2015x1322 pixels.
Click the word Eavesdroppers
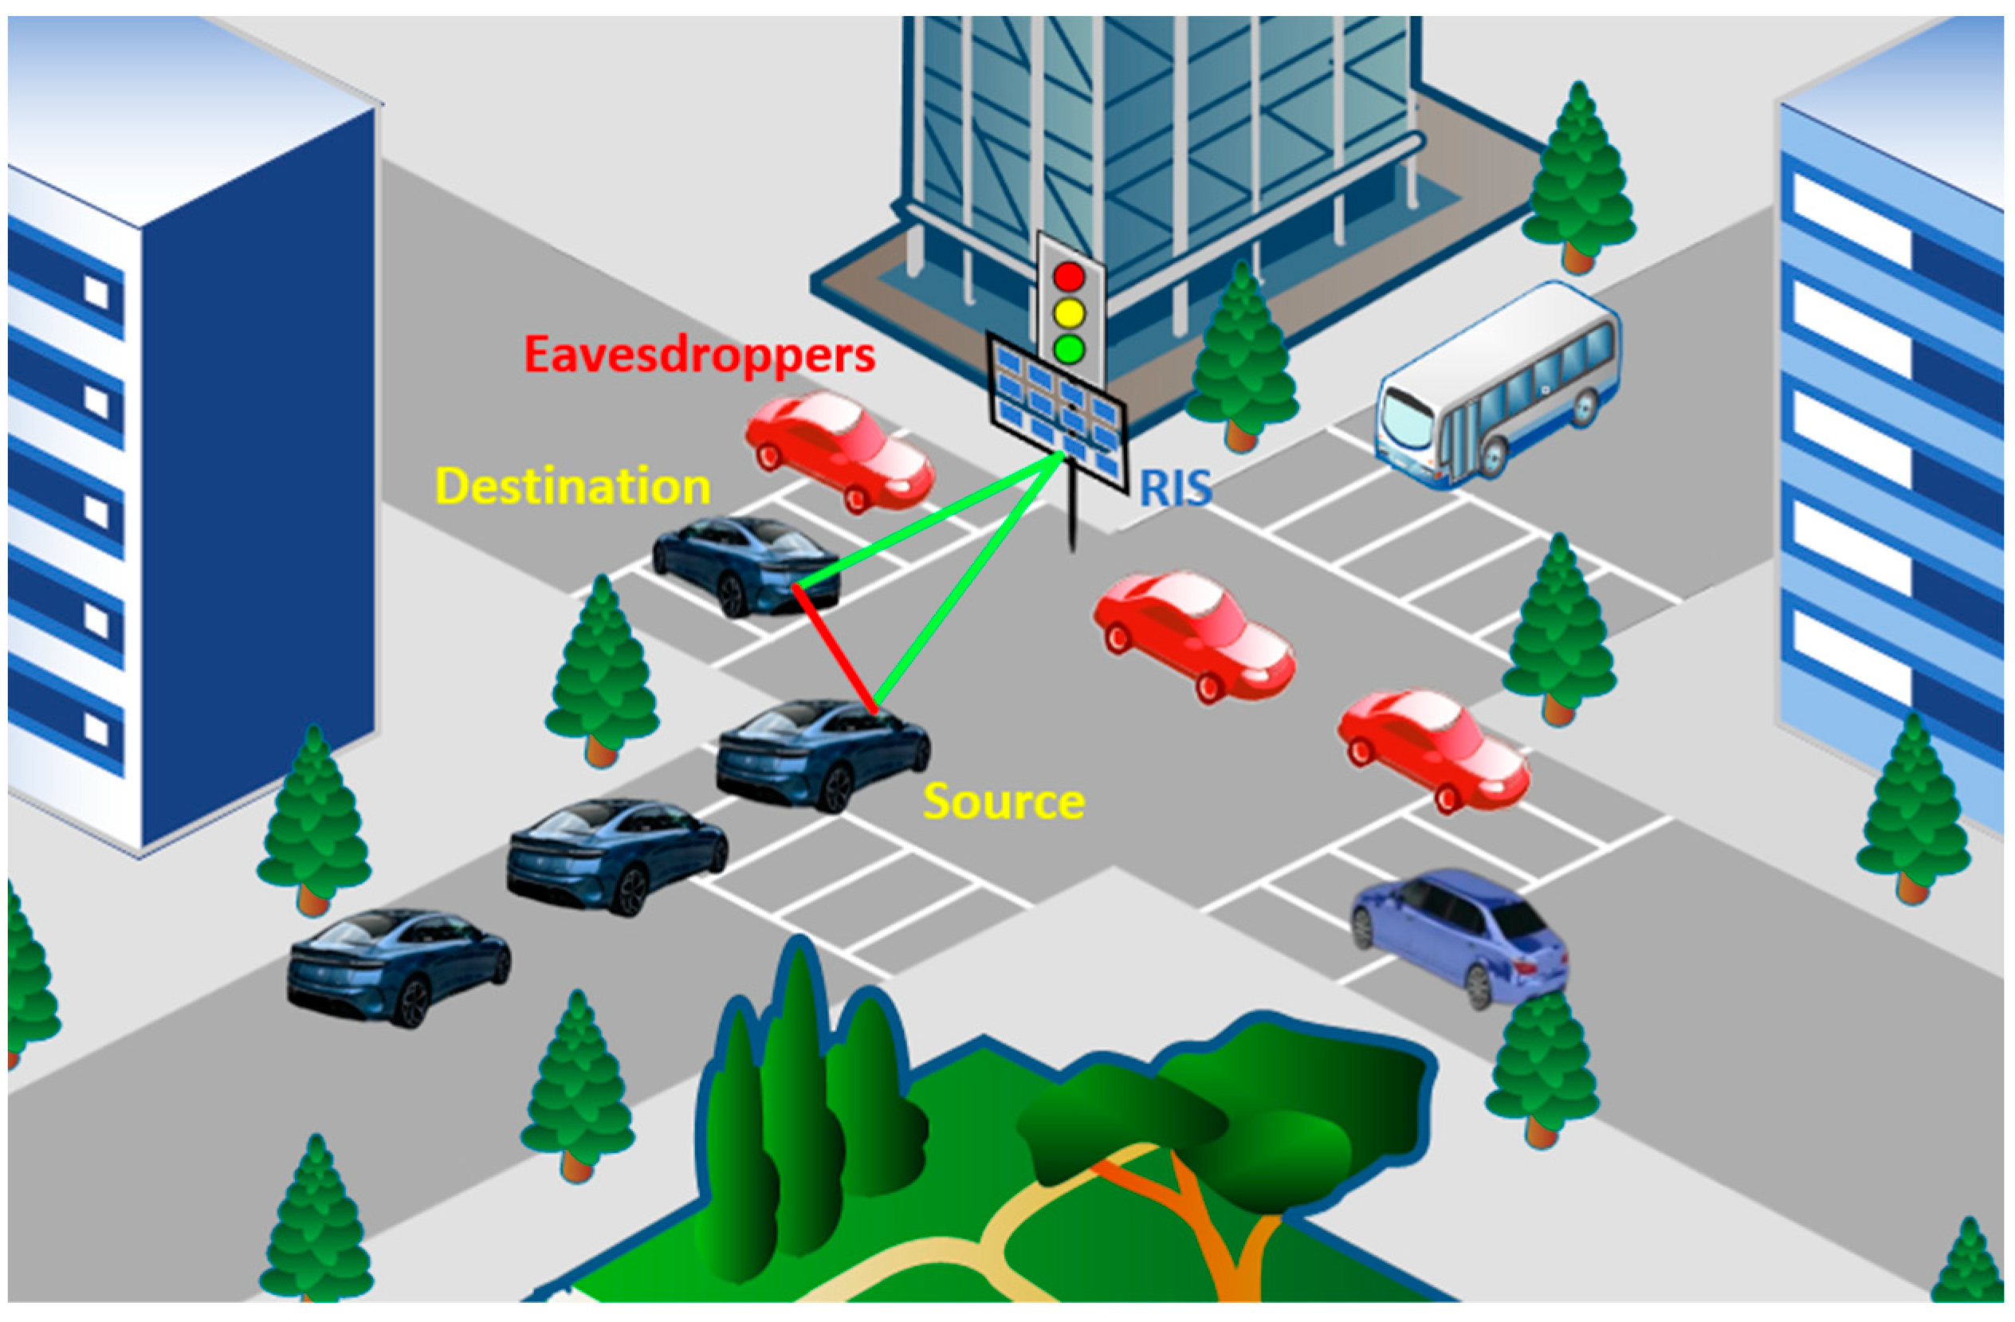699,355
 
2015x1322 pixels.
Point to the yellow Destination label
572,487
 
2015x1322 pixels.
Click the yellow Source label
1004,802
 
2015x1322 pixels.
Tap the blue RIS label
1175,488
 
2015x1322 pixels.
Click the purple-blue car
1460,936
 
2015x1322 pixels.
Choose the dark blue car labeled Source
821,753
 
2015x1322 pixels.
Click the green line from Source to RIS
974,575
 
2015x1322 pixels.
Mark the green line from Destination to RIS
931,520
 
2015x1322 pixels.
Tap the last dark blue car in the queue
398,965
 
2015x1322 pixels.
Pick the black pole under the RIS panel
1074,516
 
